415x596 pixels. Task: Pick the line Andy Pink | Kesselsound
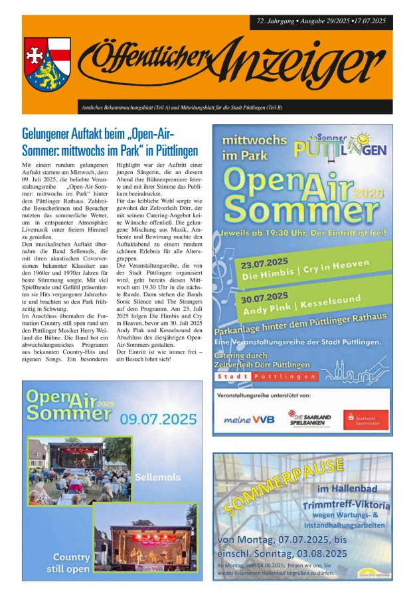point(301,306)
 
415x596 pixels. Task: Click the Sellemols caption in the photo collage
point(157,477)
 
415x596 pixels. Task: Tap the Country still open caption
point(71,563)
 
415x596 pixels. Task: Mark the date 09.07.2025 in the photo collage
point(159,419)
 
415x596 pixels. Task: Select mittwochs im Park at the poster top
point(254,147)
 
